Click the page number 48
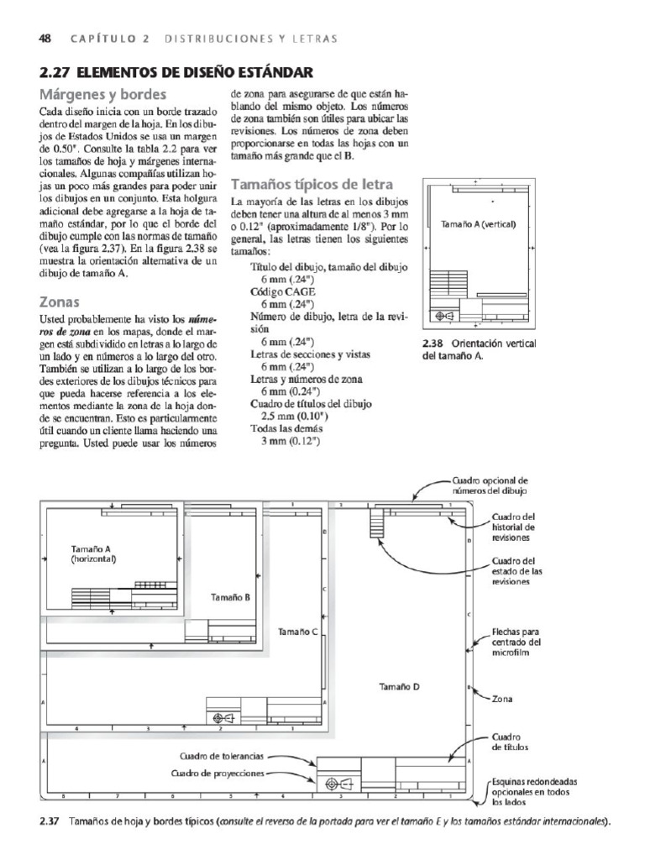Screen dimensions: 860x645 [x=46, y=38]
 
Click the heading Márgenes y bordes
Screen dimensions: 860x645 [x=102, y=94]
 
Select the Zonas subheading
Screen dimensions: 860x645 [x=60, y=302]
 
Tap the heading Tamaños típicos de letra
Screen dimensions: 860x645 [x=312, y=184]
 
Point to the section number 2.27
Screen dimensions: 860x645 [x=55, y=71]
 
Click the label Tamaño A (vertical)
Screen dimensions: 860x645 [x=477, y=224]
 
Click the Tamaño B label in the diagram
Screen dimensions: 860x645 [x=229, y=597]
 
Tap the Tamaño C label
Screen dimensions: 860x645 [x=296, y=631]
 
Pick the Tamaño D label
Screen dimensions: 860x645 [x=399, y=686]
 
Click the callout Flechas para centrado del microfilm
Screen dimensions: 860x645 [x=516, y=643]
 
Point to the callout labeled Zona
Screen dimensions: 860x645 [x=503, y=698]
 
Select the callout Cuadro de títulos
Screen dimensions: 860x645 [x=510, y=740]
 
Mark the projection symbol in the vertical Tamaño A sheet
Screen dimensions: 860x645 [x=444, y=316]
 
